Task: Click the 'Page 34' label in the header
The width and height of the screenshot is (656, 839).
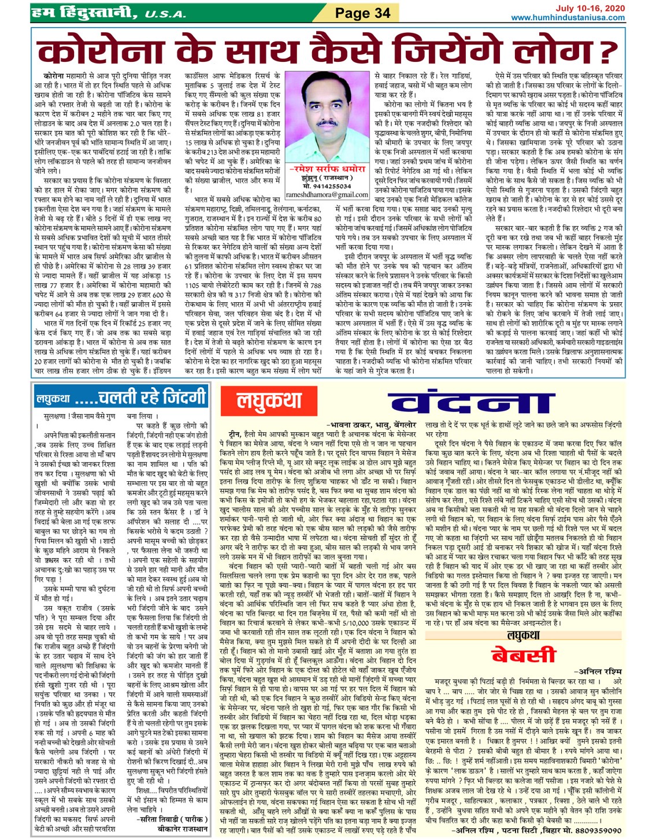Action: click(x=362, y=13)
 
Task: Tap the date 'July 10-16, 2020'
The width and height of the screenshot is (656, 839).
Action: click(x=590, y=8)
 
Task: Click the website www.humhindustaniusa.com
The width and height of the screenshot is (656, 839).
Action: click(x=568, y=18)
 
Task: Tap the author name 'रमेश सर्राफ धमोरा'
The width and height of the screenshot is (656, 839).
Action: click(x=327, y=169)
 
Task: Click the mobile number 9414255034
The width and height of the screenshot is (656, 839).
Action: click(x=327, y=187)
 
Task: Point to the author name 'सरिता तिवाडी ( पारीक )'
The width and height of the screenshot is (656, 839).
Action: click(x=172, y=819)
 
